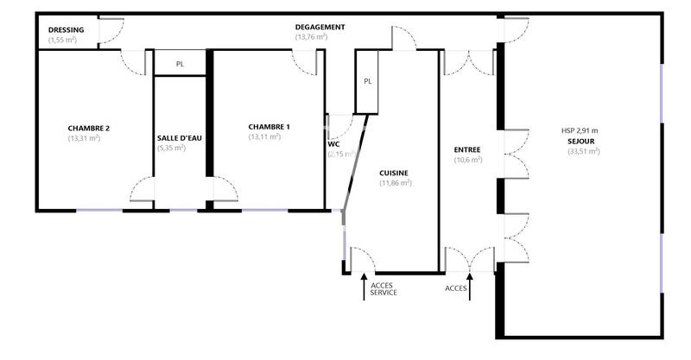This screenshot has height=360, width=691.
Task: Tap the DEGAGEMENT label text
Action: coord(320,27)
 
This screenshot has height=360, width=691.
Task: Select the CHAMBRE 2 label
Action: coord(89,128)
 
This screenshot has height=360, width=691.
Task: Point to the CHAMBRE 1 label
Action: coord(269,127)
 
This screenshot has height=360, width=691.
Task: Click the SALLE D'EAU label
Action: coord(181,138)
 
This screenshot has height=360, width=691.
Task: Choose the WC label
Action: coord(333,144)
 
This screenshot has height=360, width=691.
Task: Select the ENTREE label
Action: coord(467,149)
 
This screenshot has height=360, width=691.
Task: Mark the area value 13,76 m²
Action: coord(311,37)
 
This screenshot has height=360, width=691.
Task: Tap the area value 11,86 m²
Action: coord(396,183)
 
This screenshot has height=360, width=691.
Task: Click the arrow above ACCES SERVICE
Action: coord(364,287)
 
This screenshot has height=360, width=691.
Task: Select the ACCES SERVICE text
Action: coord(384,290)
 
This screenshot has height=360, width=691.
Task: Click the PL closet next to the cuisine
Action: coord(367,82)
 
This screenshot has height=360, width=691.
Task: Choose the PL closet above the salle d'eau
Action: coord(180,64)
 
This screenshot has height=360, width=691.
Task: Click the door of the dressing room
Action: coord(109,31)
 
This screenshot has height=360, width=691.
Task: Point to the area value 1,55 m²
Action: coord(62,41)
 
